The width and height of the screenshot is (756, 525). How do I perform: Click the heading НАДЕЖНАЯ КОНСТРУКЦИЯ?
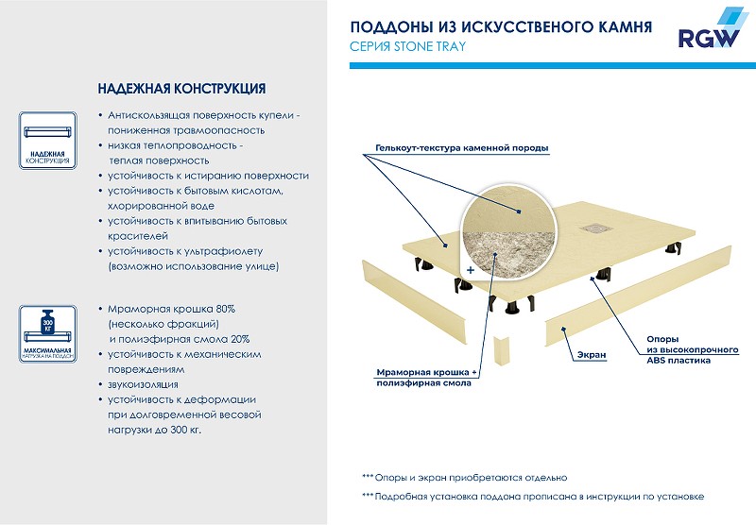tap(180, 89)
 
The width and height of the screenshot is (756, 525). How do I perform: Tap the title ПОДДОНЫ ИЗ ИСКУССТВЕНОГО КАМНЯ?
tap(500, 26)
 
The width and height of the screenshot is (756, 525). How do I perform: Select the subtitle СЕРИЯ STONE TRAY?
tap(408, 46)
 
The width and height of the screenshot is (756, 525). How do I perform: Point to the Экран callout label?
tap(591, 355)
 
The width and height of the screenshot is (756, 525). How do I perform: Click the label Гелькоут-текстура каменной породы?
tap(461, 148)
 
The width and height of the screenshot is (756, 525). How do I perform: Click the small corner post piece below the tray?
tap(501, 352)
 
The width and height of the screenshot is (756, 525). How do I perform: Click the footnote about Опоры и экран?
tap(464, 478)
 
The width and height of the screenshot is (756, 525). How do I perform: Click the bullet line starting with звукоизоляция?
tap(137, 385)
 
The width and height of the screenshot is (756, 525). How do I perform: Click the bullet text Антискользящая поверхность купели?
tap(204, 115)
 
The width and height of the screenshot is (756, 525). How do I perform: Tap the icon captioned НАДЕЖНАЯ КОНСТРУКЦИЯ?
tap(45, 140)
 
